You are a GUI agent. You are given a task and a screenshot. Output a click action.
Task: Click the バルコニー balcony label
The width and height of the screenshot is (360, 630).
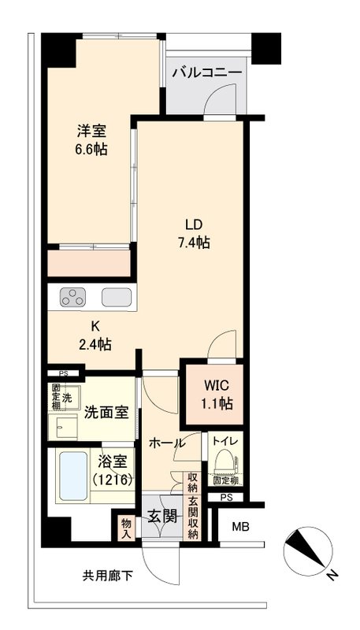click(x=207, y=72)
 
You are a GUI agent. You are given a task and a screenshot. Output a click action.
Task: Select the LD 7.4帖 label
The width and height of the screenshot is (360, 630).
click(x=192, y=234)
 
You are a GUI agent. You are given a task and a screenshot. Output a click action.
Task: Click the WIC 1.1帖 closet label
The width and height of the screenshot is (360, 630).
click(x=213, y=395)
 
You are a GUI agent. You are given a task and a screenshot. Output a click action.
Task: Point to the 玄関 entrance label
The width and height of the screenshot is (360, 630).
click(x=161, y=518)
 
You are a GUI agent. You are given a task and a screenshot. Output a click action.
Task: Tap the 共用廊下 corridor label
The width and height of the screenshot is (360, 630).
click(x=108, y=576)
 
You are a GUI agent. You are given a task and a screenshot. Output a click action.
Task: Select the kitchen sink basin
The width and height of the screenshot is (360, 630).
click(x=117, y=298)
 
